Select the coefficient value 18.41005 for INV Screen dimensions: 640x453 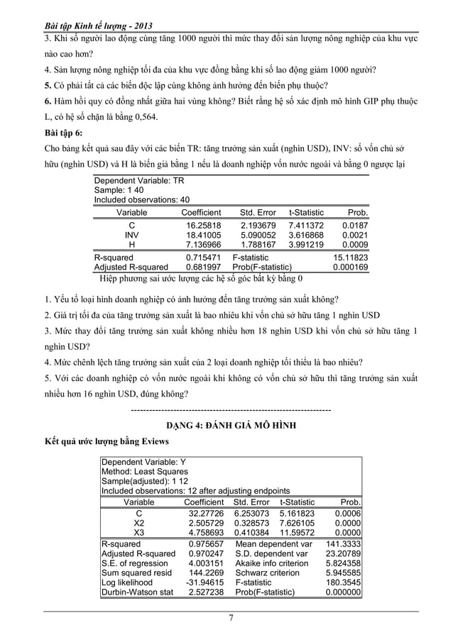pyautogui.click(x=203, y=234)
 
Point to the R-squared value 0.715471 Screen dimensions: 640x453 pyautogui.click(x=203, y=258)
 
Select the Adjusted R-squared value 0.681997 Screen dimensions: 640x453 pyautogui.click(x=203, y=267)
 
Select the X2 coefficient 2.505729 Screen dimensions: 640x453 pyautogui.click(x=204, y=524)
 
